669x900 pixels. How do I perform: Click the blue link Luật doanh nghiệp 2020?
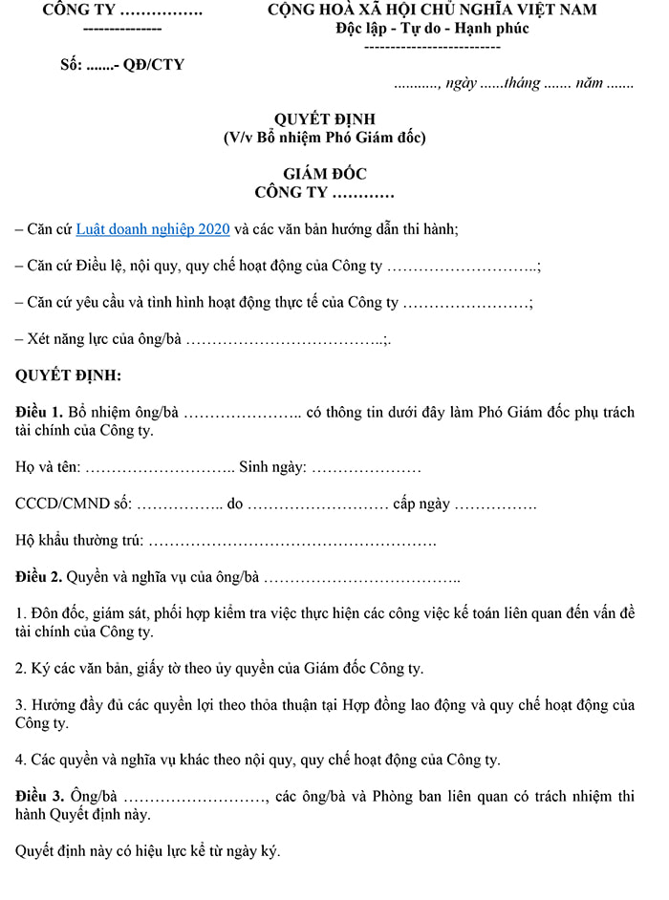click(153, 229)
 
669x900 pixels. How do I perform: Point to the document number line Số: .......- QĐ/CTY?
click(121, 65)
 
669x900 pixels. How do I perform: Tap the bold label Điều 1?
click(39, 413)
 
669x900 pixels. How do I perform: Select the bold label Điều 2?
click(39, 577)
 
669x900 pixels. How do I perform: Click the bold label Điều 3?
click(39, 797)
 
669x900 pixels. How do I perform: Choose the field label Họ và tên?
click(49, 468)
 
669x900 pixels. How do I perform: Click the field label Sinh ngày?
click(272, 468)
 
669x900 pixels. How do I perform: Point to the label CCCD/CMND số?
click(74, 504)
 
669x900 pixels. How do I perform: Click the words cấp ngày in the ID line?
click(421, 504)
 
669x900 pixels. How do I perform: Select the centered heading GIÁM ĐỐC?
click(324, 174)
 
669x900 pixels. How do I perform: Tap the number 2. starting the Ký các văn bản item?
click(21, 669)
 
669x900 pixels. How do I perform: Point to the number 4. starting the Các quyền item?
click(21, 761)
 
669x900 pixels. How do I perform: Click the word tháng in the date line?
click(522, 83)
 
